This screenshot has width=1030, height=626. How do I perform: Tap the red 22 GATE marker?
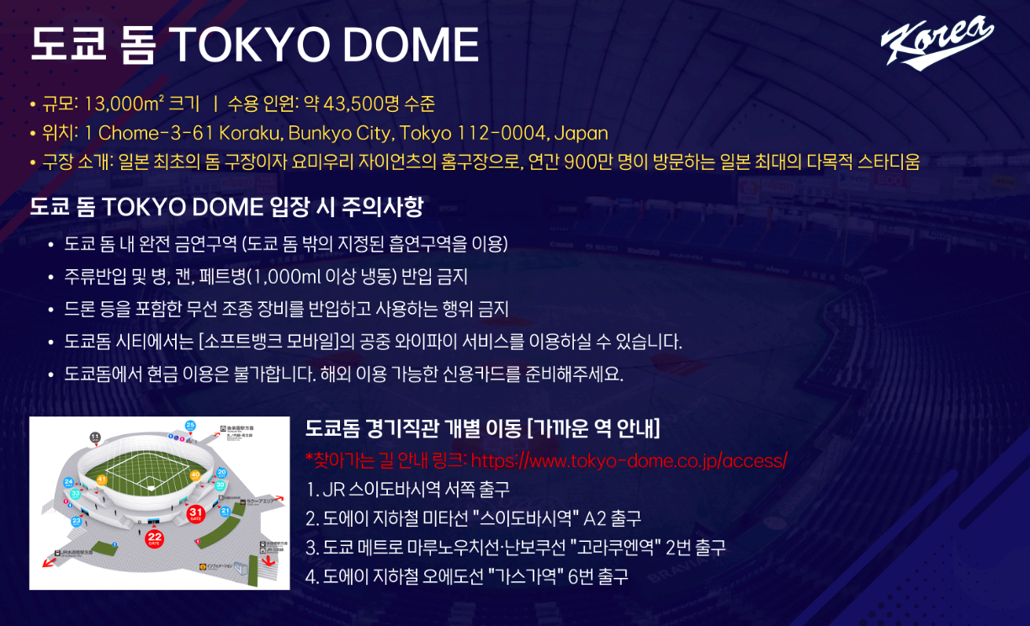point(155,537)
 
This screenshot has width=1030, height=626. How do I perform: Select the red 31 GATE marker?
point(195,512)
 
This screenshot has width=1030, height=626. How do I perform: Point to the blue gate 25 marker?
point(190,426)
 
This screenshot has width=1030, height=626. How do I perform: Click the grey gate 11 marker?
point(95,437)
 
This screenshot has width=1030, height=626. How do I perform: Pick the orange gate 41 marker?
point(102,480)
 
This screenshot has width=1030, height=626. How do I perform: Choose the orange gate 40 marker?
point(195,475)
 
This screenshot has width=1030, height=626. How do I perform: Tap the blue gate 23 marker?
point(77,522)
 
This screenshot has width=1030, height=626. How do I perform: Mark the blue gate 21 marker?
point(226,511)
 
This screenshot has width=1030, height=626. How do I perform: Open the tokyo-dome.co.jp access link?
point(629,460)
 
